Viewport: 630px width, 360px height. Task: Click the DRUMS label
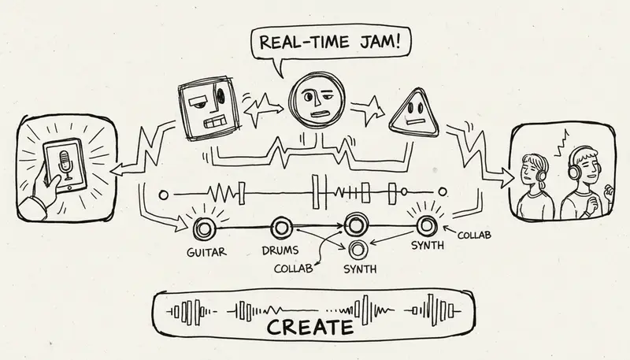[x=280, y=252]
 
